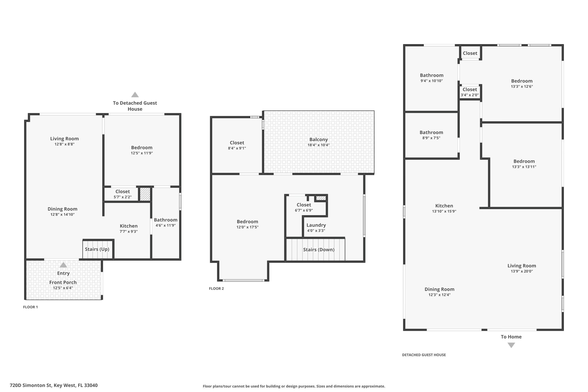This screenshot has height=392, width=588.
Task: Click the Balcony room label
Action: tap(318, 140)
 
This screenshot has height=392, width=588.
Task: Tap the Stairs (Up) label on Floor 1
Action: tap(97, 249)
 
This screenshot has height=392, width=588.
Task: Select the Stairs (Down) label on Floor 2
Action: tap(319, 250)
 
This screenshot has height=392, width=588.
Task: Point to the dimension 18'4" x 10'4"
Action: tap(318, 145)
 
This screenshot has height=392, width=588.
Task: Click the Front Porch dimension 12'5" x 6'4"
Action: tap(63, 288)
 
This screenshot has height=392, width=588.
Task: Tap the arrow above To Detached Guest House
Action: tap(135, 94)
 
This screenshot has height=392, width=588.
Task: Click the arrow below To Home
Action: tap(511, 345)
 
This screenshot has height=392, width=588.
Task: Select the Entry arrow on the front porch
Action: tap(63, 265)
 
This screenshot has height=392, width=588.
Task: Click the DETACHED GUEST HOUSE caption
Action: tap(424, 355)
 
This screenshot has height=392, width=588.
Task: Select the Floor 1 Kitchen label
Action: tap(129, 226)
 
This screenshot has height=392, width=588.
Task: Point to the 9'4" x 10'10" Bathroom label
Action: tap(432, 75)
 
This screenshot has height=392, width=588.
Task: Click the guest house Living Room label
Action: tap(522, 266)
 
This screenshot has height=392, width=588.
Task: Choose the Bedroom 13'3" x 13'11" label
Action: tap(524, 161)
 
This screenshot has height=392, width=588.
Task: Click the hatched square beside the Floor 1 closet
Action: tap(145, 194)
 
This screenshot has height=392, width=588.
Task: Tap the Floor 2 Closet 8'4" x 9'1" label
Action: tap(237, 143)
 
